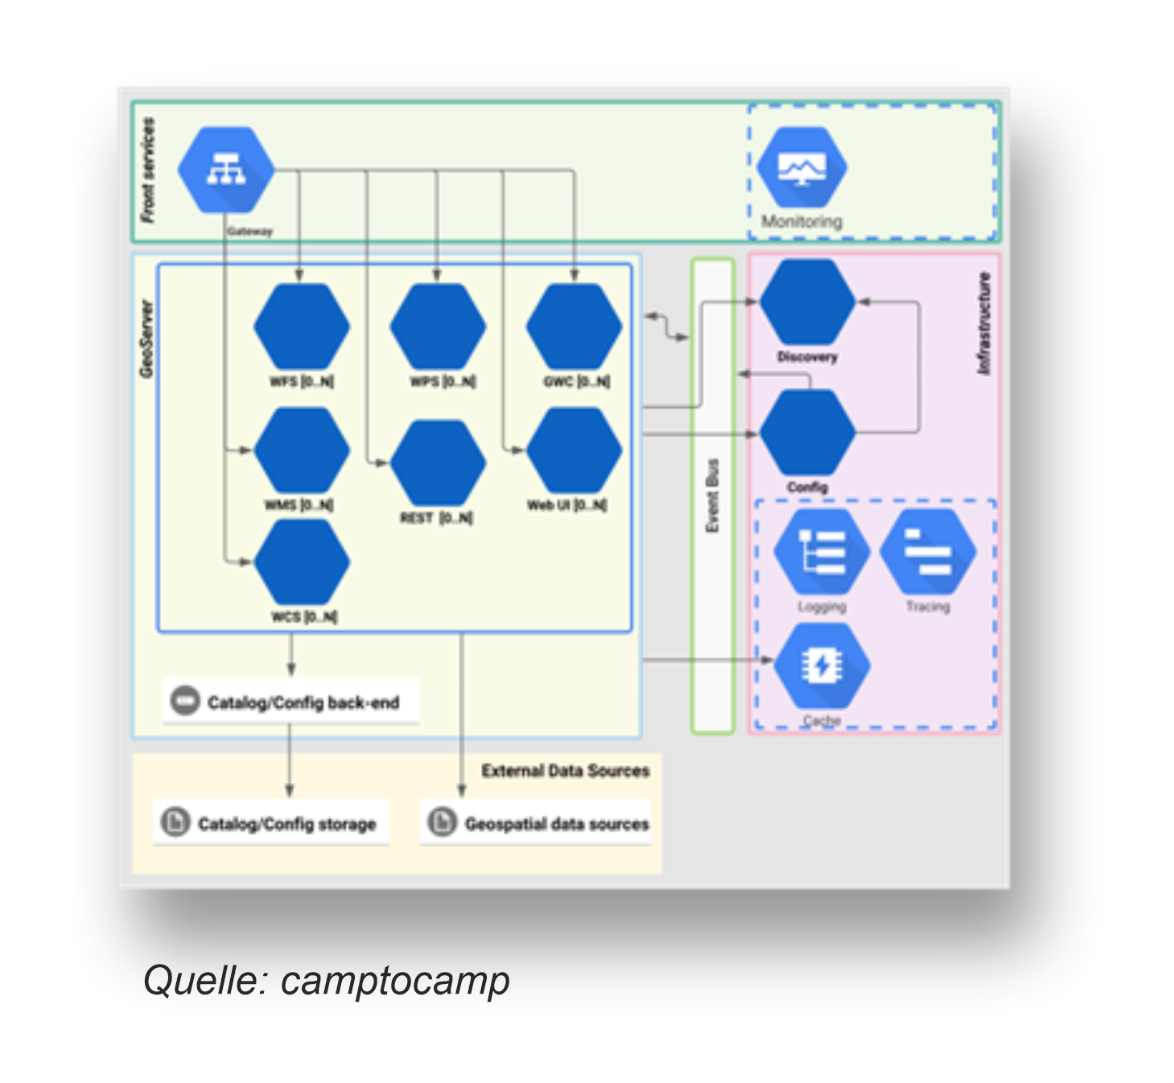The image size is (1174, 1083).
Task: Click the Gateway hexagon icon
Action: (x=226, y=170)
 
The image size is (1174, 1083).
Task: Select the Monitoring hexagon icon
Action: (x=801, y=167)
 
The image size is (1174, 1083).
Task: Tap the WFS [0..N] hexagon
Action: (x=302, y=327)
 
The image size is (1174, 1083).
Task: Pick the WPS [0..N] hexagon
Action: (x=438, y=327)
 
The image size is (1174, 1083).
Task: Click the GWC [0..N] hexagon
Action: (x=574, y=327)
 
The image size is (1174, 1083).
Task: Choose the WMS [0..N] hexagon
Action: (x=302, y=451)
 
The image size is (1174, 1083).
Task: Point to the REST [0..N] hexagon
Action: (x=438, y=463)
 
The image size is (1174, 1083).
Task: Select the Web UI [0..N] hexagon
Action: (x=574, y=451)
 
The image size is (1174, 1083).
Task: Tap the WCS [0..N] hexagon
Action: (x=302, y=562)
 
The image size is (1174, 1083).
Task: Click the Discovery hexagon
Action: (x=807, y=302)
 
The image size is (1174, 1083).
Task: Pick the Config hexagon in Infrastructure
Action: (x=807, y=433)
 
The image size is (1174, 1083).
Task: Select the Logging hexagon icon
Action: (x=822, y=552)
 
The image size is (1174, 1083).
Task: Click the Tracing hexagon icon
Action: (x=928, y=552)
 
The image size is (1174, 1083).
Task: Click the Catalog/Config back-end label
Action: (x=303, y=702)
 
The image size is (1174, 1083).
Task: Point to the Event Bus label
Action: (x=712, y=496)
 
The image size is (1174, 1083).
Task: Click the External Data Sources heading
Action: (x=565, y=771)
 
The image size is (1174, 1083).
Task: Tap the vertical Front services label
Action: (x=148, y=170)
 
